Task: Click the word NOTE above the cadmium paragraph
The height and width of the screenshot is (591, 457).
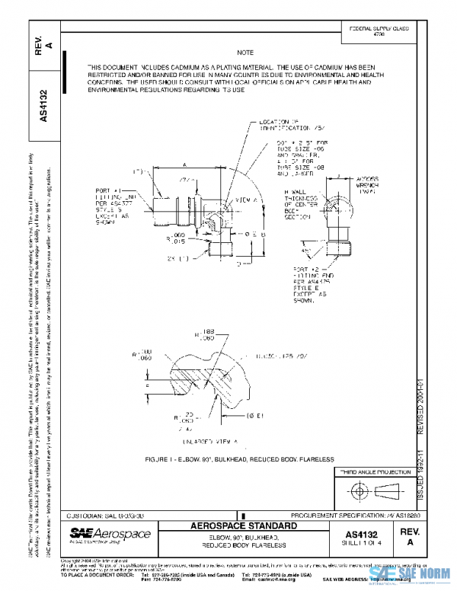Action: (244, 53)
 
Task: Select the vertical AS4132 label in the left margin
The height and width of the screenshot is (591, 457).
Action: (45, 106)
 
